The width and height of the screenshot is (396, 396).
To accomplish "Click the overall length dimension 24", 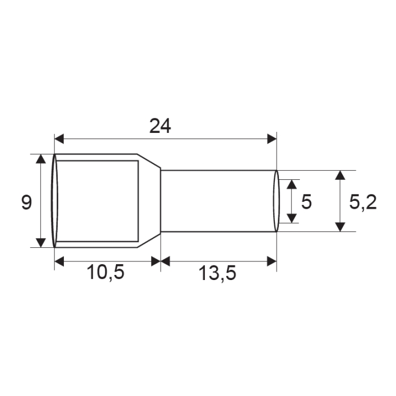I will (x=160, y=127).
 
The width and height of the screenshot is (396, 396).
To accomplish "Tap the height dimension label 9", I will (x=26, y=202).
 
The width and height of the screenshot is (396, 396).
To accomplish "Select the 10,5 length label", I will (x=105, y=273).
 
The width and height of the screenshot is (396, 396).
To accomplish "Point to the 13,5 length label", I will (x=217, y=273).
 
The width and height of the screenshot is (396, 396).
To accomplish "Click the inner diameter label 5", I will (x=306, y=202).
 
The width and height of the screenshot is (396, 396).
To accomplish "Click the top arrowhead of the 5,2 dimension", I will (x=339, y=175).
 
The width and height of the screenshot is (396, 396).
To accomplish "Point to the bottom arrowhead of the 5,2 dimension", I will (x=339, y=226).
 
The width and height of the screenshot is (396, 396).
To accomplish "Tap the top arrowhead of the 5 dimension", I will (x=292, y=184).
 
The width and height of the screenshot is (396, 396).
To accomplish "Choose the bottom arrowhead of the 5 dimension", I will (x=292, y=218).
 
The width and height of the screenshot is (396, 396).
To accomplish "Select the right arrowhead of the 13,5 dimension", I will (x=272, y=261).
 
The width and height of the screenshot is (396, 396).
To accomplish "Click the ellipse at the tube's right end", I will (x=277, y=201).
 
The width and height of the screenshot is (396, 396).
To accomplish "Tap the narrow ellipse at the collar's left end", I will (x=54, y=201).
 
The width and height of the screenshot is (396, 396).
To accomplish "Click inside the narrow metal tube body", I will (x=218, y=201).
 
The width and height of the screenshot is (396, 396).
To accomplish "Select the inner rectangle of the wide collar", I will (x=97, y=201).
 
